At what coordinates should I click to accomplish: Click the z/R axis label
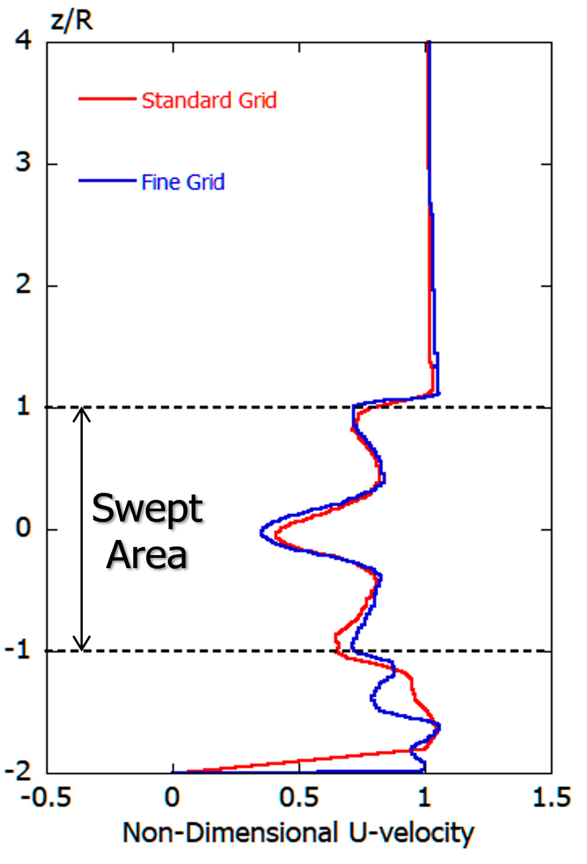[x=71, y=20]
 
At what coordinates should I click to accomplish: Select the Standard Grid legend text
[x=209, y=100]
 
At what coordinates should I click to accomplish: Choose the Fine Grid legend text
[x=183, y=182]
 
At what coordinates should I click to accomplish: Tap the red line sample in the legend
[x=107, y=98]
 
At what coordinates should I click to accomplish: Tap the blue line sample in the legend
[x=107, y=180]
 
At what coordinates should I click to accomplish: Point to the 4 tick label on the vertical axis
[x=23, y=40]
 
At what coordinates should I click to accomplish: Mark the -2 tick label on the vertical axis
[x=18, y=771]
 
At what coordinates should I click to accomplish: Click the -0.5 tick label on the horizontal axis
[x=46, y=798]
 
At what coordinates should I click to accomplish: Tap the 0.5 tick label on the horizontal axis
[x=299, y=798]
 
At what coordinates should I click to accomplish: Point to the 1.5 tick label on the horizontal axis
[x=552, y=798]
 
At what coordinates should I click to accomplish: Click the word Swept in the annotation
[x=147, y=509]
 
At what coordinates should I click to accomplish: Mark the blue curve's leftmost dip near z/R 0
[x=262, y=533]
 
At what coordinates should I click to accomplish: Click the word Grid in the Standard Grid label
[x=258, y=100]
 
